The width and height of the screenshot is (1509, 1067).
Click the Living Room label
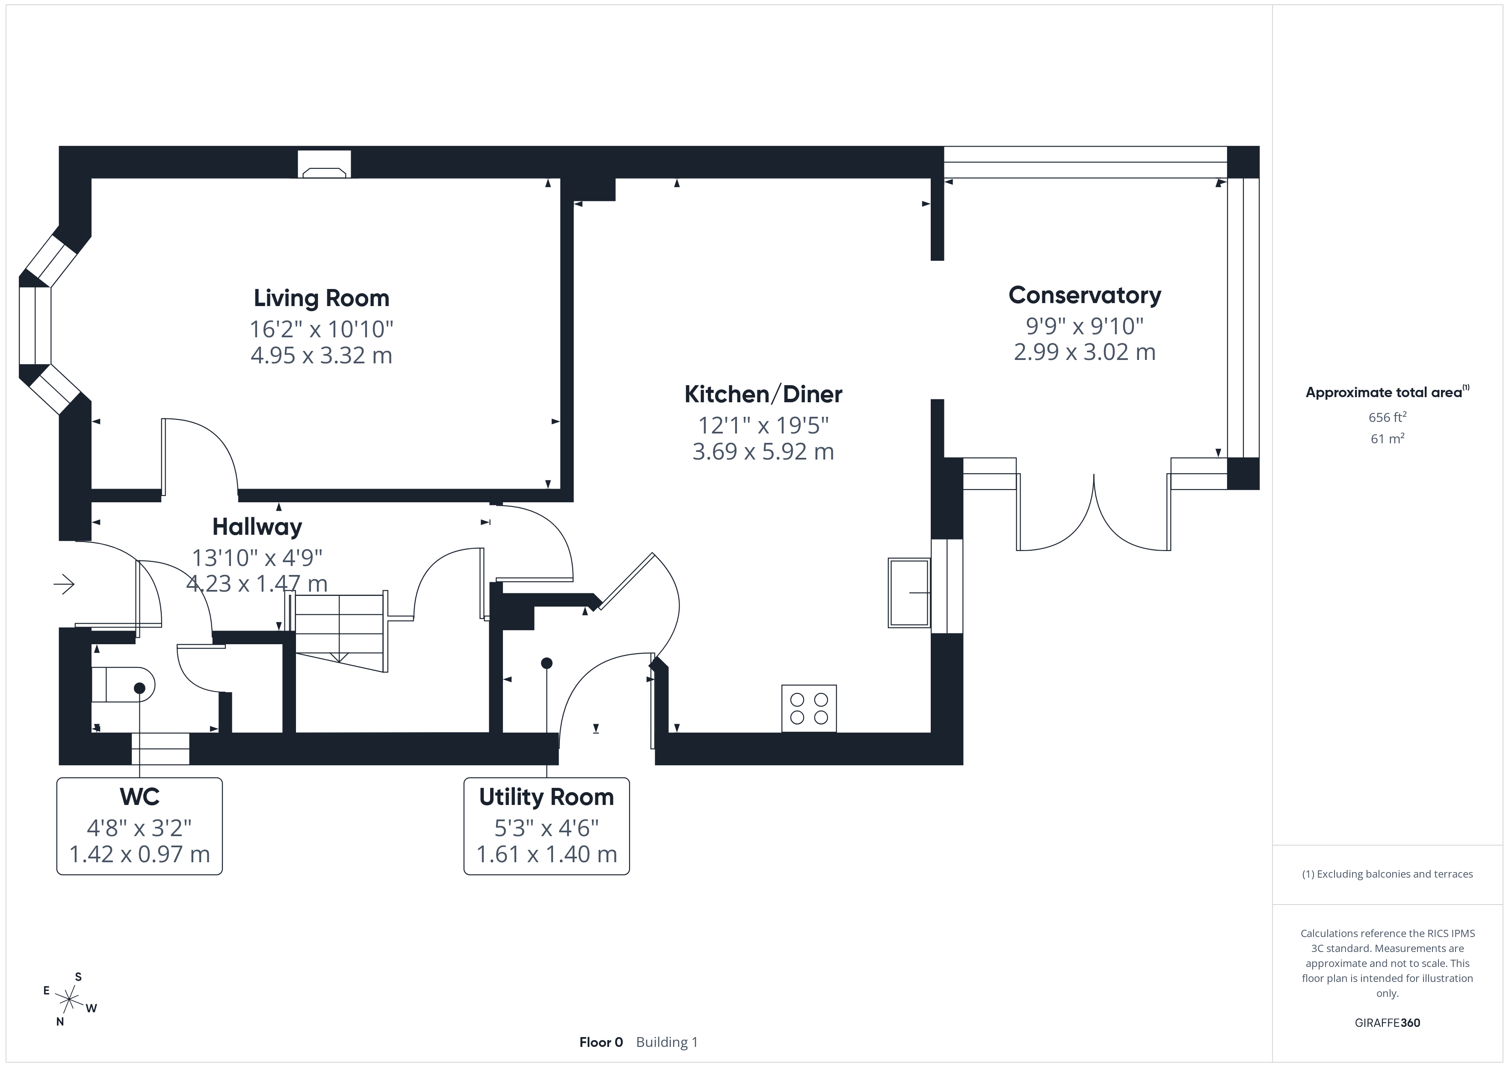tap(321, 298)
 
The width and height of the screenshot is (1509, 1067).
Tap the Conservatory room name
tap(1084, 296)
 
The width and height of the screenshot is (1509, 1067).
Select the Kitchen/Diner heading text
tap(763, 394)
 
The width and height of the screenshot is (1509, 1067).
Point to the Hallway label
tap(257, 527)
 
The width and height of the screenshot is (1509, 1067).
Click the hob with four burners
tap(809, 708)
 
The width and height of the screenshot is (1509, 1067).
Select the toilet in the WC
tap(123, 684)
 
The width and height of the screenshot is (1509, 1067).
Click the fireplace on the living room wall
tap(324, 164)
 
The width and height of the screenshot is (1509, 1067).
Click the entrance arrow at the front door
tap(65, 584)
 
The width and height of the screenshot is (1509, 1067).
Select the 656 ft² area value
tap(1388, 417)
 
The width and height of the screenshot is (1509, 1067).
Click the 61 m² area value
tap(1388, 438)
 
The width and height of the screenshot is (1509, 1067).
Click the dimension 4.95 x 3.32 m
tap(321, 355)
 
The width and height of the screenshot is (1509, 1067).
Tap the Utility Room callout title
tap(547, 797)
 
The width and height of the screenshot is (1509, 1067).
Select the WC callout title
tap(139, 797)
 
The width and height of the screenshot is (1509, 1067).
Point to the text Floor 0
tap(601, 1043)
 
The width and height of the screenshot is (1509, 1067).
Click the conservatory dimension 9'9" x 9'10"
tap(1084, 326)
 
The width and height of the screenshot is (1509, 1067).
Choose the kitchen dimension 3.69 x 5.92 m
tap(763, 452)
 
